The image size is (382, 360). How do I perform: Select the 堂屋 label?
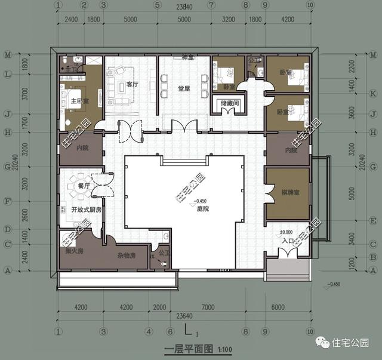pos(183,89)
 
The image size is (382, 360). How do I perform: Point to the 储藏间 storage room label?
pos(228,103)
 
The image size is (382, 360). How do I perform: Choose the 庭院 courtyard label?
pos(202,208)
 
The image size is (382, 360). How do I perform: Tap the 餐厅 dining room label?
pos(84,186)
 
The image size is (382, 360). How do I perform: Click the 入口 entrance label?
pos(286,240)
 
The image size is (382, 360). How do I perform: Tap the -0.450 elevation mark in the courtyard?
pos(202,201)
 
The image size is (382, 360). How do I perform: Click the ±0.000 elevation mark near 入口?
pos(286,232)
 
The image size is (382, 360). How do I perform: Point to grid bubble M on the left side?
pos(7,55)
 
